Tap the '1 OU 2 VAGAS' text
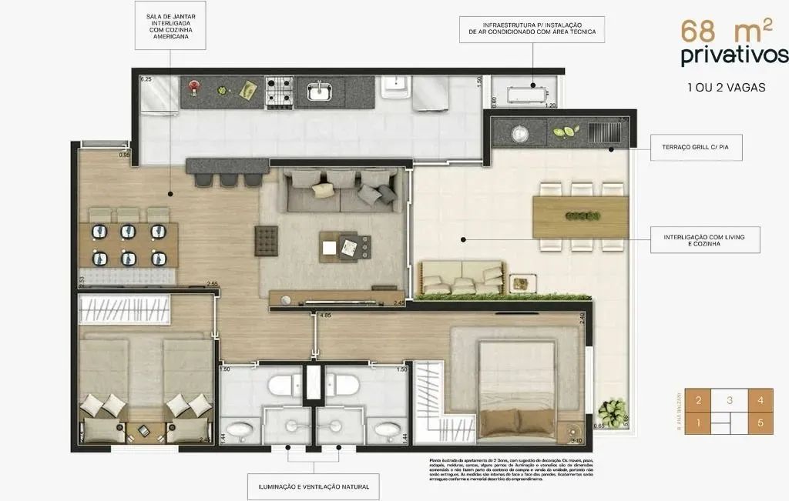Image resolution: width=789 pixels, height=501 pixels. (x=726, y=87)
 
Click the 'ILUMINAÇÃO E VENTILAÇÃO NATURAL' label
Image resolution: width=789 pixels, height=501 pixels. (x=314, y=486)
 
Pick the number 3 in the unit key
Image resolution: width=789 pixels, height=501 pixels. (x=728, y=401)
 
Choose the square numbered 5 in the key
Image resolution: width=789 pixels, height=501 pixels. (x=760, y=422)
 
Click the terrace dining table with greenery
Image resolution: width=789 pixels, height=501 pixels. (x=580, y=216)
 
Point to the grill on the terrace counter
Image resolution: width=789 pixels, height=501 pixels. (x=603, y=133)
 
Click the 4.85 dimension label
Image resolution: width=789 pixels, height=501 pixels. (x=325, y=316)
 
